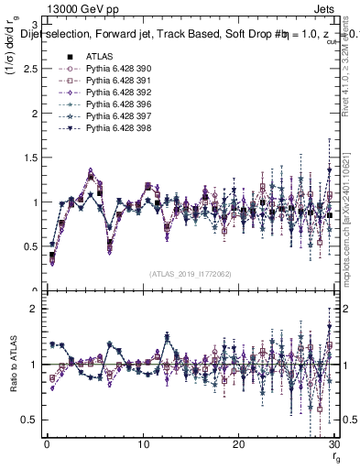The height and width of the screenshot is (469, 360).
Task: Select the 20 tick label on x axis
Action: point(238,443)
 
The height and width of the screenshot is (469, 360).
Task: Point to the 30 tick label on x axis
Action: point(333,443)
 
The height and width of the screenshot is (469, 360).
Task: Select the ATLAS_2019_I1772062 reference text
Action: point(190,273)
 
